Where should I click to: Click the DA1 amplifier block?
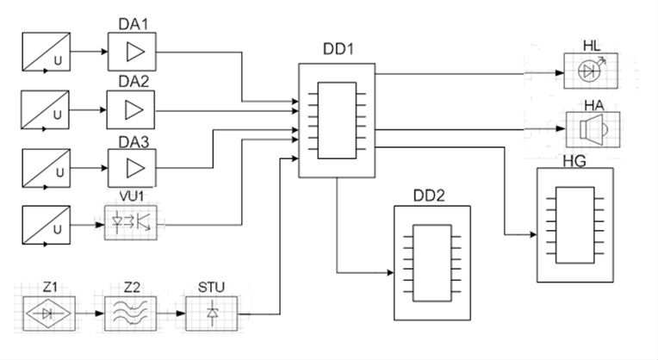[x=132, y=52]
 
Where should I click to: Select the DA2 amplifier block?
[x=131, y=109]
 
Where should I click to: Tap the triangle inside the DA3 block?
[x=135, y=168]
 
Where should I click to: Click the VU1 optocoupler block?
[x=131, y=222]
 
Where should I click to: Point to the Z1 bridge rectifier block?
[x=49, y=313]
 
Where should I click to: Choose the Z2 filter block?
[x=131, y=313]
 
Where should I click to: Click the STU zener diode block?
[x=212, y=313]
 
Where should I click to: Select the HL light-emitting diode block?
[x=591, y=71]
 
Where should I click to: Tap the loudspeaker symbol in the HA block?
[x=592, y=130]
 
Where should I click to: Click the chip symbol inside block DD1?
[x=337, y=121]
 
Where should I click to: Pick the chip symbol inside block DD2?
[x=432, y=263]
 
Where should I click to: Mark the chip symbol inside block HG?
[x=575, y=225]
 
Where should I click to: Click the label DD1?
[x=338, y=49]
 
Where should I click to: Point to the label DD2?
[x=429, y=196]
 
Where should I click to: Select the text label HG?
[x=574, y=161]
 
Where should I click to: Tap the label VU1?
[x=132, y=196]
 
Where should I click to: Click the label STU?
[x=211, y=288]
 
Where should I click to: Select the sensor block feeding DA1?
[x=47, y=52]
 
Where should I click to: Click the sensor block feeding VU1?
[x=47, y=225]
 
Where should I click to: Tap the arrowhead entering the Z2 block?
[x=99, y=313]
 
